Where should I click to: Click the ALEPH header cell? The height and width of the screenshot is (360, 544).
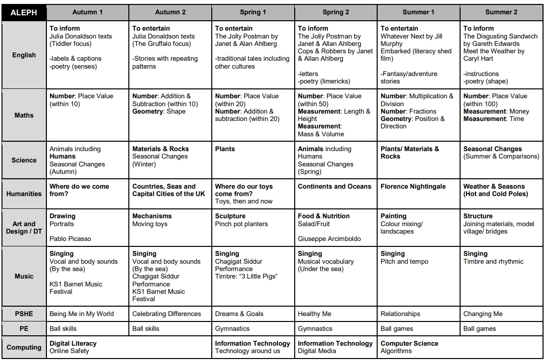click(x=24, y=12)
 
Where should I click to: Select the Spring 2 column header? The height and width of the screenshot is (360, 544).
click(x=336, y=12)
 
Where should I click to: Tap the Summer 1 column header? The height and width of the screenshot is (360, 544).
click(x=419, y=12)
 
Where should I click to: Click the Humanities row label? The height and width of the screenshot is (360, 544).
click(x=24, y=194)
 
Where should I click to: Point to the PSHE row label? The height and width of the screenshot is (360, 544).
click(x=24, y=314)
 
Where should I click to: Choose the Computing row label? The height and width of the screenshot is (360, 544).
click(x=24, y=347)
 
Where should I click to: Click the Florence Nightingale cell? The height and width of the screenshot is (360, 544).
click(x=413, y=187)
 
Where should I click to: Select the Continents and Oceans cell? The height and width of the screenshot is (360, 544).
click(x=334, y=187)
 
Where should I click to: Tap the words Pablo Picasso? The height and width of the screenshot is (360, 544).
click(x=70, y=239)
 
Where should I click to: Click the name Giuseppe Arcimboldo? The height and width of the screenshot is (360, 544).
click(x=329, y=239)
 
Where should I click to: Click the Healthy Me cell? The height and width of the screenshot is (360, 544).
click(x=314, y=314)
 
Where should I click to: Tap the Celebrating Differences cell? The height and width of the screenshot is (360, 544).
click(x=166, y=314)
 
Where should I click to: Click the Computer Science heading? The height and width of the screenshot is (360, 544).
click(x=409, y=344)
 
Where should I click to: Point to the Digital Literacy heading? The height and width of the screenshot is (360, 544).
click(x=73, y=344)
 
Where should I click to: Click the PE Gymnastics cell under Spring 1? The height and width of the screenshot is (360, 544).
click(x=232, y=329)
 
